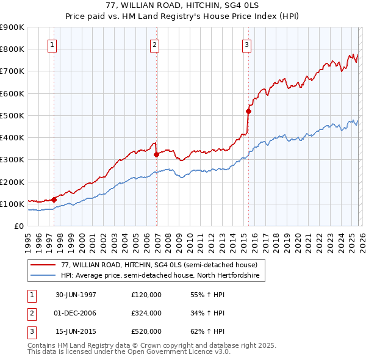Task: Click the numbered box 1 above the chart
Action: tap(52, 45)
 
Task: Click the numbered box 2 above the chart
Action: tap(155, 45)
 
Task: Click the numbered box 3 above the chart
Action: tap(246, 45)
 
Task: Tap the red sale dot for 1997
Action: tap(54, 200)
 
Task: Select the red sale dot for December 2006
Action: tap(157, 154)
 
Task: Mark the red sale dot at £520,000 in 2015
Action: tap(248, 111)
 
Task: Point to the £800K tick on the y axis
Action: tap(12, 49)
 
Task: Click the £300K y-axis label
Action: tap(12, 159)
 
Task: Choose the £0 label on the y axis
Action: tap(18, 226)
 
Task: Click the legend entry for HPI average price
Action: tap(160, 276)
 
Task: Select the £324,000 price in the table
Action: tap(146, 313)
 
